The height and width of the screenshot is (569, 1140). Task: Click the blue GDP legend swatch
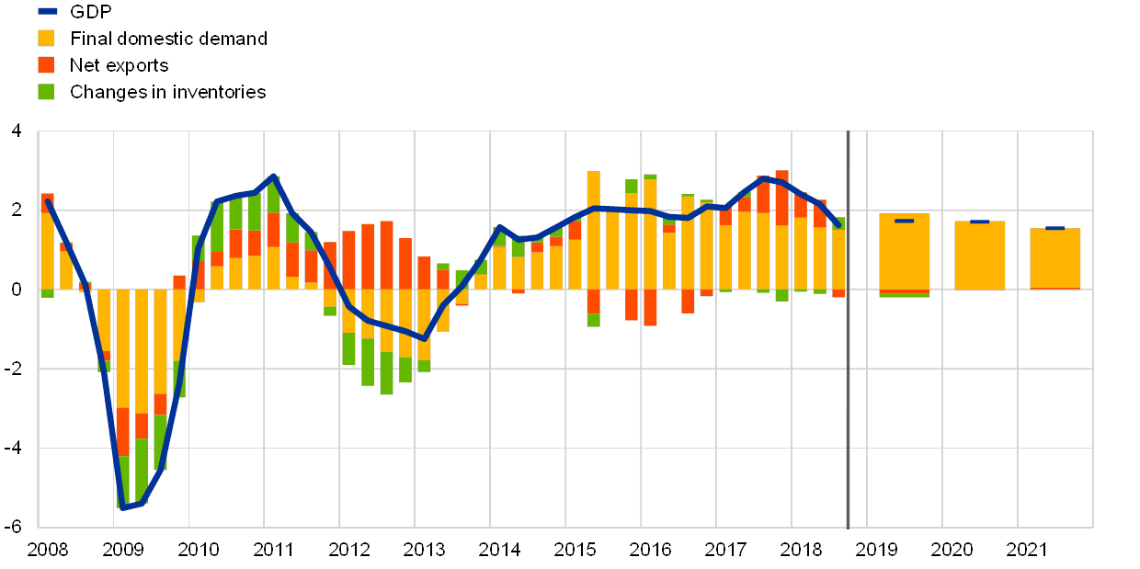47,12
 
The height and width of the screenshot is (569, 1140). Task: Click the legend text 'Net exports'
120,65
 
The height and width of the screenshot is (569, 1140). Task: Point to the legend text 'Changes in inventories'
168,92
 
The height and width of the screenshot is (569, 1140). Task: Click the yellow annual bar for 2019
904,253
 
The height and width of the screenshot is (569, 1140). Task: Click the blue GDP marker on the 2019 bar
904,221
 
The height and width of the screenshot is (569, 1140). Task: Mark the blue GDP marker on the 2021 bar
1054,228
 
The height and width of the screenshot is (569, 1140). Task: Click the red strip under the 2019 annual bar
904,291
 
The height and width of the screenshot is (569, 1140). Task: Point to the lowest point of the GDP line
122,506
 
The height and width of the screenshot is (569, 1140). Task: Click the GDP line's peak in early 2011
273,176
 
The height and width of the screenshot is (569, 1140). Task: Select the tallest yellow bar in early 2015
593,230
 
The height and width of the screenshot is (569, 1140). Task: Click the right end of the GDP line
838,224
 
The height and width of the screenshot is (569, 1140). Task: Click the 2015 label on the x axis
575,550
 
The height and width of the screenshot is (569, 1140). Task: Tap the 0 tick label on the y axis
16,290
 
